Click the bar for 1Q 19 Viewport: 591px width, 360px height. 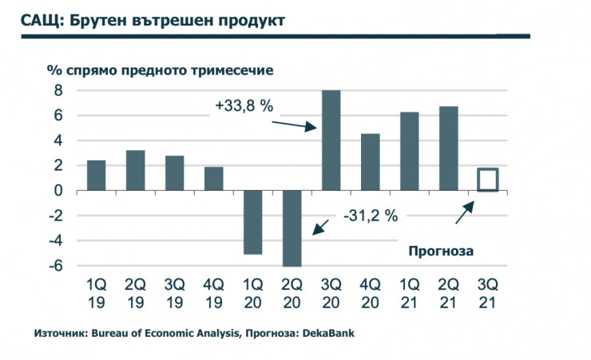96,175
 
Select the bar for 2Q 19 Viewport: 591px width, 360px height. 135,170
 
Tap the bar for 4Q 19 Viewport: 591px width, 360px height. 213,179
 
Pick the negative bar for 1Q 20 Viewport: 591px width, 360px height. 252,222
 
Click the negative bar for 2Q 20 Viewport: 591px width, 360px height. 292,228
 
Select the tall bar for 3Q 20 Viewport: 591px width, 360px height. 331,140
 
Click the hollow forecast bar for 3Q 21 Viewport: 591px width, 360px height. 487,180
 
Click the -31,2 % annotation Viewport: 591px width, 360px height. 371,215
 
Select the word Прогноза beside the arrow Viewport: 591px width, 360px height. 441,251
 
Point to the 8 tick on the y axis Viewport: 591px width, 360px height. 58,91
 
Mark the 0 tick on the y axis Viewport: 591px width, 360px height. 58,191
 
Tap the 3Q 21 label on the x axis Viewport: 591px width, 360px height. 487,294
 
